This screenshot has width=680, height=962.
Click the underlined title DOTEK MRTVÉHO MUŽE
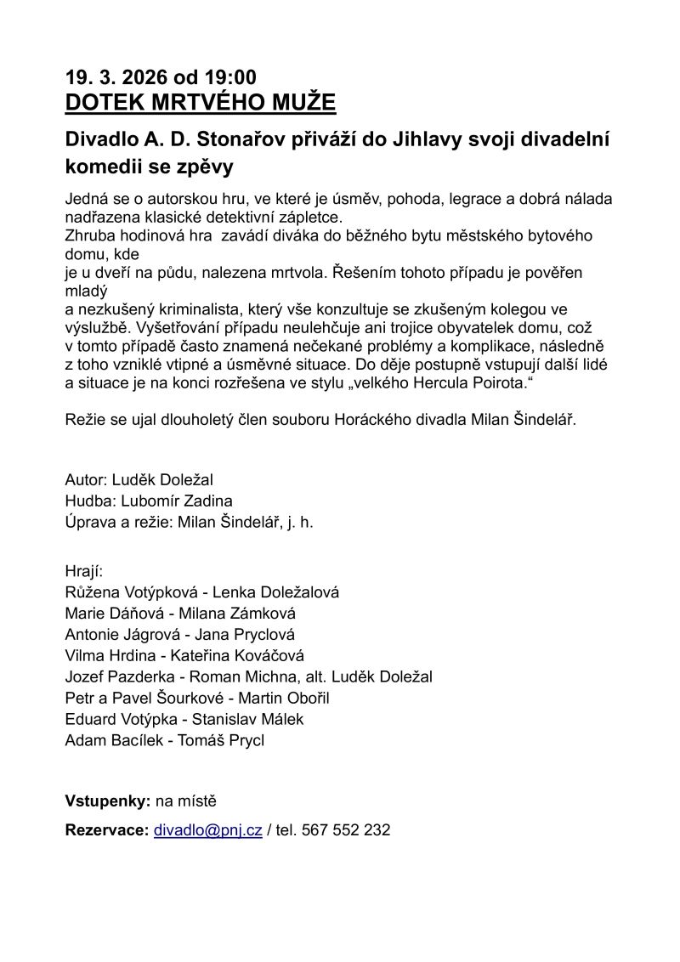(x=201, y=103)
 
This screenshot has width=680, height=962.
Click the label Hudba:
(x=91, y=501)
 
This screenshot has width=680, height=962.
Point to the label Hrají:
(x=83, y=570)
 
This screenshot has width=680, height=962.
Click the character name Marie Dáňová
(x=113, y=614)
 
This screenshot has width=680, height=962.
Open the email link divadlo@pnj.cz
(x=207, y=830)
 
